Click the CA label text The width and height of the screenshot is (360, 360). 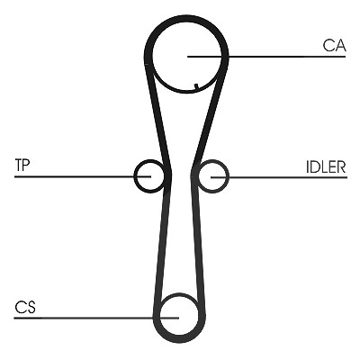[335, 46]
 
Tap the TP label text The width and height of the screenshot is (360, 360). [22, 165]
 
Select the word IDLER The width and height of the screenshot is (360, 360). [326, 166]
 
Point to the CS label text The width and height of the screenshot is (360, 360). [25, 308]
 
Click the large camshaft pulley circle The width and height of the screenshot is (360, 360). [153, 57]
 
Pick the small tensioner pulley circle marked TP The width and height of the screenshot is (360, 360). [134, 176]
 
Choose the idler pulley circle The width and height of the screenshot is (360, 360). [229, 176]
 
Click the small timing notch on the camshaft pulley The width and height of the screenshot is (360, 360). [196, 86]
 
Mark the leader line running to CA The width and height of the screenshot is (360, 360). [266, 57]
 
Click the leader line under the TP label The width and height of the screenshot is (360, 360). [83, 176]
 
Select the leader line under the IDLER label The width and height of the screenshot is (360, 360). [279, 177]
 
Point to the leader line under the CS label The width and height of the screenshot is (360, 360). [96, 318]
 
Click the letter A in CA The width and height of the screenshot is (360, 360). [340, 46]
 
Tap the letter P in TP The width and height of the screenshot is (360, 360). [26, 165]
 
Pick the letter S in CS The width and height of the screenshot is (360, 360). [31, 308]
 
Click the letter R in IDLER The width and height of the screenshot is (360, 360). [342, 166]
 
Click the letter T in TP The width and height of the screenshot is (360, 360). [19, 165]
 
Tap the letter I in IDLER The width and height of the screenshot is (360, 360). [308, 166]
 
